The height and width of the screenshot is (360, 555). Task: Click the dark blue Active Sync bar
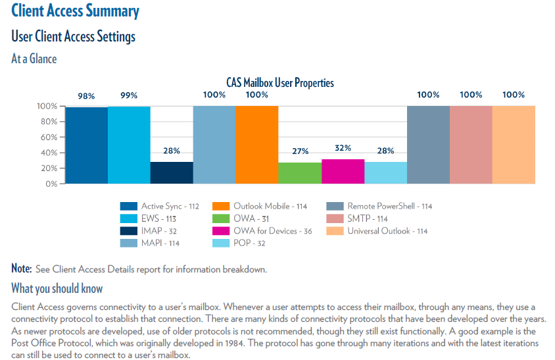click(x=87, y=145)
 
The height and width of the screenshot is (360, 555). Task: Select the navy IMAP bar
click(x=172, y=172)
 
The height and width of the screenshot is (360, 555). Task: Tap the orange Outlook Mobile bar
click(x=256, y=145)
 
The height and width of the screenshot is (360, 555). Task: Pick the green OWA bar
click(x=299, y=173)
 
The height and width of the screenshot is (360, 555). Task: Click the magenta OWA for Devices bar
click(x=343, y=171)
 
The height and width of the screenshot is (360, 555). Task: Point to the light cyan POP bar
click(x=385, y=172)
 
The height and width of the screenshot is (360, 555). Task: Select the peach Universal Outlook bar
click(x=514, y=145)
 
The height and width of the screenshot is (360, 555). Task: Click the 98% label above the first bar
click(x=86, y=95)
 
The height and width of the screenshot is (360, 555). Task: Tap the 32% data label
click(x=343, y=148)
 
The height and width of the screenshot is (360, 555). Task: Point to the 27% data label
click(x=300, y=151)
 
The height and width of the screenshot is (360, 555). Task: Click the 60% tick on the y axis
click(x=47, y=137)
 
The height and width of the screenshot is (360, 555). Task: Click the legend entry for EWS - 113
click(x=158, y=219)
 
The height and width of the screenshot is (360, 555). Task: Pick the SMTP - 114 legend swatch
click(x=335, y=219)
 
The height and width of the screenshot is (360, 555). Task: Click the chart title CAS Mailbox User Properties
click(x=276, y=83)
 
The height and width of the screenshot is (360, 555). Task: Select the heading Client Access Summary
click(x=76, y=11)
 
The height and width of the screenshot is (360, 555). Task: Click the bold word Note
click(x=21, y=269)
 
